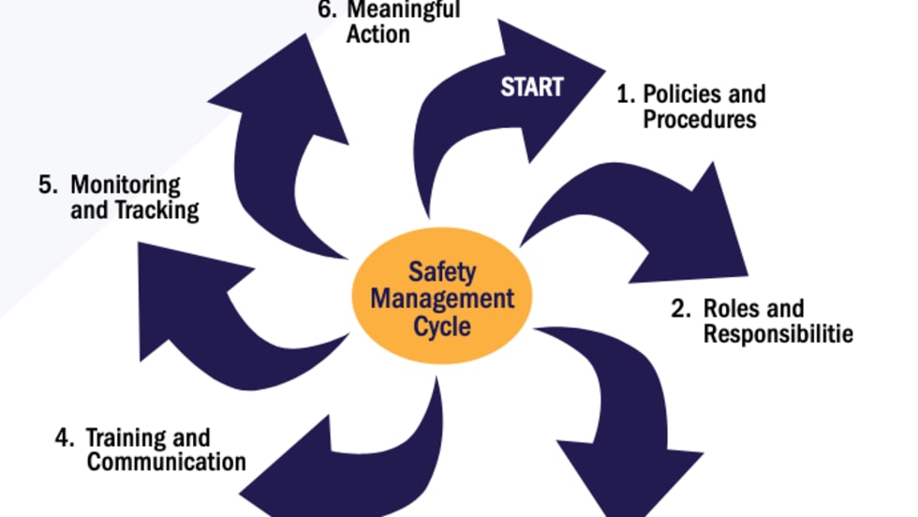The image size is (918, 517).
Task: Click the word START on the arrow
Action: pos(531,87)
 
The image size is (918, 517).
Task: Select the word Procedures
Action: pos(700,120)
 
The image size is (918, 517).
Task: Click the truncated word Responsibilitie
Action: pos(778,333)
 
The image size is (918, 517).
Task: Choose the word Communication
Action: pos(167,462)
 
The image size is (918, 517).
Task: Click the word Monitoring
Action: pos(126,185)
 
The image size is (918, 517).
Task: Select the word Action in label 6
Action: pos(378,36)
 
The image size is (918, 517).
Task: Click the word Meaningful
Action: pos(404,11)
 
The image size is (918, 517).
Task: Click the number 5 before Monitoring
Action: pos(46,185)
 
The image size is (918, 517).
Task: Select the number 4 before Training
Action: pos(62,437)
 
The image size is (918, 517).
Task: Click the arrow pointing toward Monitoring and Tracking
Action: pos(197,300)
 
